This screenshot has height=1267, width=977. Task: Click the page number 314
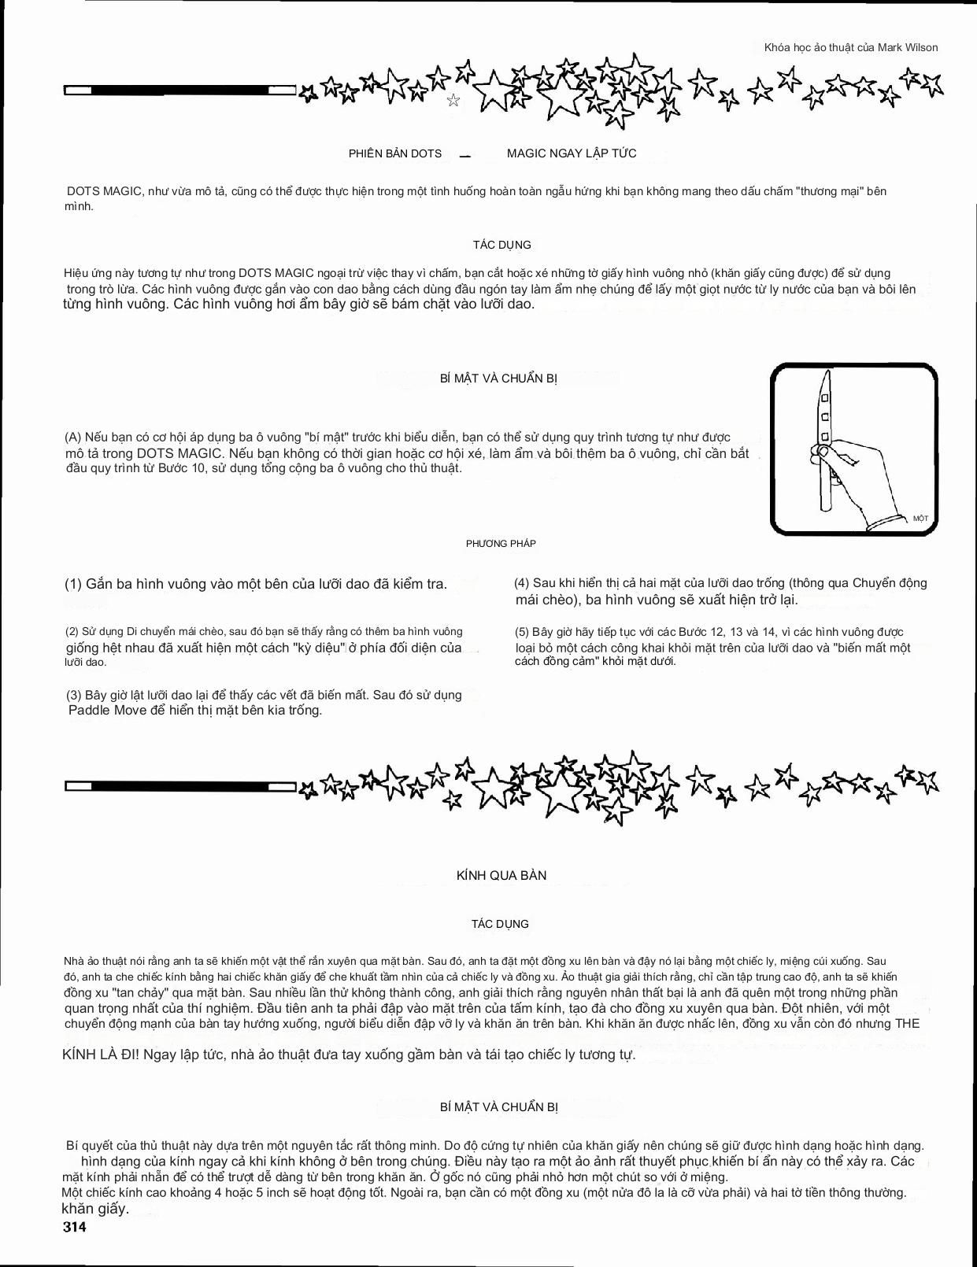click(75, 1227)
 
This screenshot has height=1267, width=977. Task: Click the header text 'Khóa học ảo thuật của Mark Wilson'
click(851, 47)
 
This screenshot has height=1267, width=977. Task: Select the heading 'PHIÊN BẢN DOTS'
click(395, 153)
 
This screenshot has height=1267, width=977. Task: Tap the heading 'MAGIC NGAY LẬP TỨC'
click(572, 153)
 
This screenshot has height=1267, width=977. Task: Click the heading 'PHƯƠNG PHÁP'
click(501, 544)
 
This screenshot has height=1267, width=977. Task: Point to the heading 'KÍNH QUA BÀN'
click(501, 875)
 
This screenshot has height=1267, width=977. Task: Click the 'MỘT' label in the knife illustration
click(920, 519)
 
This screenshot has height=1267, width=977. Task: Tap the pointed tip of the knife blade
click(824, 377)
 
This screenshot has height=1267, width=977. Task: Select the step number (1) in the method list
click(73, 584)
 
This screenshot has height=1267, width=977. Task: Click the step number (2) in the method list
click(72, 631)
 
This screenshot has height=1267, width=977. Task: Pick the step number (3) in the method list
click(73, 695)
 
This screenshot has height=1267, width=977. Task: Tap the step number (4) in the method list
click(522, 583)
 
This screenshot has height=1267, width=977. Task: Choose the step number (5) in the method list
click(522, 632)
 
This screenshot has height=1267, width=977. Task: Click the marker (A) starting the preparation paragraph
click(73, 437)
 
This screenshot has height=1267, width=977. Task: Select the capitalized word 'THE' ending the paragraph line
click(907, 1023)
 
